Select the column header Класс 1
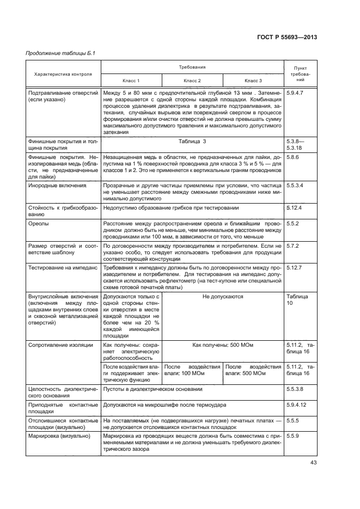[131, 81]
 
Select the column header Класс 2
[192, 81]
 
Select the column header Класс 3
[253, 81]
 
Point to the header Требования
[192, 67]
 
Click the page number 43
[312, 463]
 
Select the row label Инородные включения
[57, 186]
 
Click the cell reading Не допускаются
[223, 297]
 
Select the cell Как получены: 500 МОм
[223, 345]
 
